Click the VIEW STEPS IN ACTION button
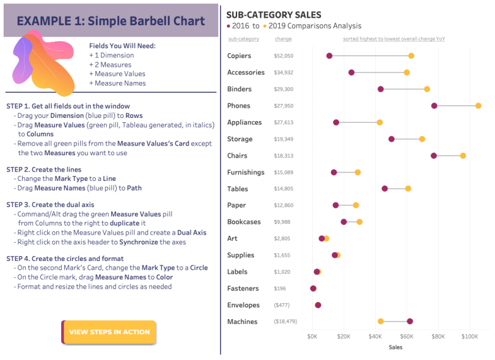click(x=109, y=332)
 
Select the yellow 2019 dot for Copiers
click(x=411, y=56)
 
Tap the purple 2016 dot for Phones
click(x=435, y=106)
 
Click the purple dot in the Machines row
click(x=409, y=321)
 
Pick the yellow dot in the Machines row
click(x=381, y=321)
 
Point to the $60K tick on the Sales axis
click(x=406, y=336)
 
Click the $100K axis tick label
click(x=470, y=336)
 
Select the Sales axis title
click(x=395, y=347)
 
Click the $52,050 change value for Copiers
click(x=284, y=56)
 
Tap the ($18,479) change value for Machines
click(x=285, y=321)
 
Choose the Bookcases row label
click(x=244, y=222)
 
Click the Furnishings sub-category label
click(x=246, y=172)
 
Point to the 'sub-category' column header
click(x=243, y=39)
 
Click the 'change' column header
click(x=283, y=39)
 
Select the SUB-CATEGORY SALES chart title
click(x=274, y=15)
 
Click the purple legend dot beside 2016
click(x=229, y=26)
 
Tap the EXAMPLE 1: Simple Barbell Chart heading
click(x=111, y=21)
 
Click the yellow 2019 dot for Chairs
click(x=463, y=156)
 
